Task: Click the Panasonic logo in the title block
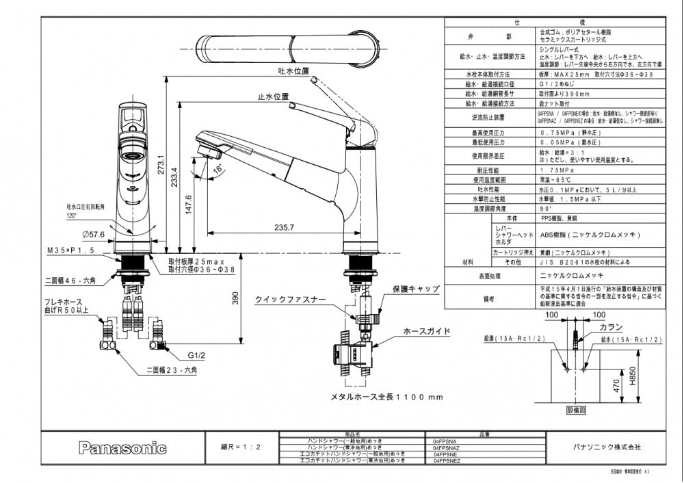coord(122,449)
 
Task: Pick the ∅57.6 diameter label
coord(93,235)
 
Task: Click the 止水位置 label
coord(273,97)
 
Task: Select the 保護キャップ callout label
coord(416,289)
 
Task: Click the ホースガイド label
coord(427,331)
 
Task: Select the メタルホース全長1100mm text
coord(387,397)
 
